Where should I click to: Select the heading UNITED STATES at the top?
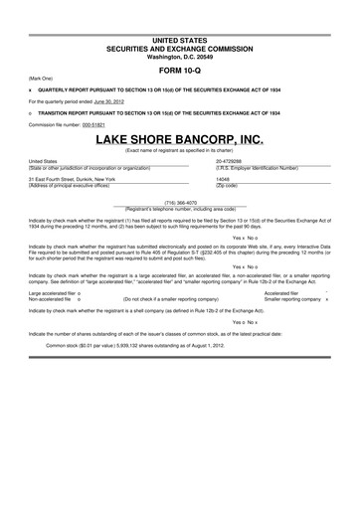pyautogui.click(x=179, y=38)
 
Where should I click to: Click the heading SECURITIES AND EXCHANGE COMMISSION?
pyautogui.click(x=179, y=47)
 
